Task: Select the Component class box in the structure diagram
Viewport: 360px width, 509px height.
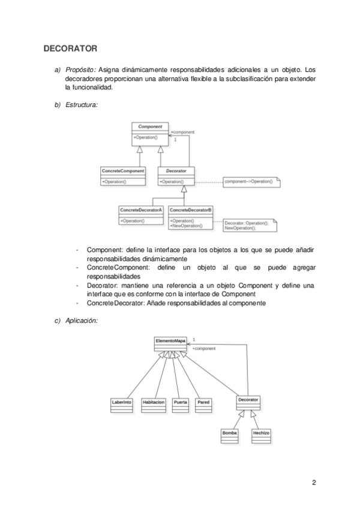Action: click(150, 132)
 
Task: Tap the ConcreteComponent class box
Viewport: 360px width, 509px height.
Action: click(123, 175)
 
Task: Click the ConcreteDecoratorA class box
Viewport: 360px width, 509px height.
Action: click(141, 215)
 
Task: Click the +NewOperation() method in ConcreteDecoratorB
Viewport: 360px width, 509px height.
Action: click(187, 226)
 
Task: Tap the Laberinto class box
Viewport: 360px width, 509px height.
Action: click(121, 405)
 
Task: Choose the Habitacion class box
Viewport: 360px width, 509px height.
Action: click(154, 405)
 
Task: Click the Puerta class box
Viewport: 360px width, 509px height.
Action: click(180, 405)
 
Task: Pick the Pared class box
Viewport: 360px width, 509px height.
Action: click(204, 405)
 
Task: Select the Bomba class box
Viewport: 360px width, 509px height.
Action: click(230, 436)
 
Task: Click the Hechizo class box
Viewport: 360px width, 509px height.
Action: click(261, 436)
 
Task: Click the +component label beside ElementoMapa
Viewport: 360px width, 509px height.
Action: click(204, 348)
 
